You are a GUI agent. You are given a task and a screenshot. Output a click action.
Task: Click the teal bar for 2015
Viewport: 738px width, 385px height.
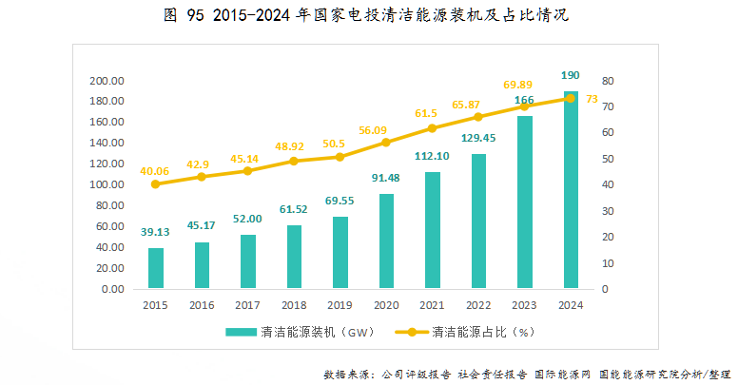[155, 268]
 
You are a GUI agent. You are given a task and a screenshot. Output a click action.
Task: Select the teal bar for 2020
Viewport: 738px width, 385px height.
[386, 241]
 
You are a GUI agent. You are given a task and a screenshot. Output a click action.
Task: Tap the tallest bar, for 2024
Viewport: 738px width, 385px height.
[571, 190]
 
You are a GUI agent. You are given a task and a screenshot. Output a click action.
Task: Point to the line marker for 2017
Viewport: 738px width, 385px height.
[247, 171]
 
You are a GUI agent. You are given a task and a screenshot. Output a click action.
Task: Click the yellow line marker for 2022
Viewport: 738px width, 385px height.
[478, 117]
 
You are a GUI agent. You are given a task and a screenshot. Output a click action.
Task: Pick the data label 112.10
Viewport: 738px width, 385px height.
[432, 157]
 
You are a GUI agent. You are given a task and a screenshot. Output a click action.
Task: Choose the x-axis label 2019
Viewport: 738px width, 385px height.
[340, 306]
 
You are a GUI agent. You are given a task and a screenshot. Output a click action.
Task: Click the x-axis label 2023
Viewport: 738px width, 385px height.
[524, 306]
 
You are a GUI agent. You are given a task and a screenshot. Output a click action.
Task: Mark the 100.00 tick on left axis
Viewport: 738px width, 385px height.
[107, 184]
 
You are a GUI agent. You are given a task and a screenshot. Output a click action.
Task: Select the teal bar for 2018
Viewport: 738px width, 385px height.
[294, 257]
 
